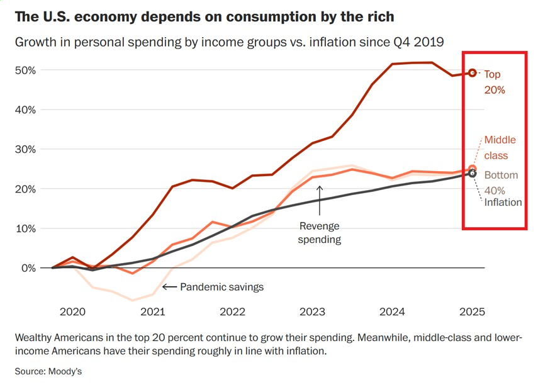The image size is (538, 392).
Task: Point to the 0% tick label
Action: (x=28, y=268)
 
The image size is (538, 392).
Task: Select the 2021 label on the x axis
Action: (x=152, y=311)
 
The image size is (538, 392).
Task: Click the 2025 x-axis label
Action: (x=473, y=311)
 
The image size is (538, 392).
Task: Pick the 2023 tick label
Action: (x=312, y=311)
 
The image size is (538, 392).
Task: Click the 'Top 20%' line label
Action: (x=494, y=82)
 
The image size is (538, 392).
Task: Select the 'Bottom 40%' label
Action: (x=501, y=182)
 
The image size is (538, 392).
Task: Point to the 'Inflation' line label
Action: (x=503, y=202)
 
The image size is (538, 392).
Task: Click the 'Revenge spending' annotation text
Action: (x=320, y=233)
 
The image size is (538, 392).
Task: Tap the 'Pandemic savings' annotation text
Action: (x=221, y=287)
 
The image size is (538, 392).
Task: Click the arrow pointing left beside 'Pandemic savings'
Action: (x=169, y=287)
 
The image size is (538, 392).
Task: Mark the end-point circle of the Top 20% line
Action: (x=473, y=73)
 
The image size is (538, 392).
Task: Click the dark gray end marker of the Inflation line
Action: (x=473, y=174)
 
